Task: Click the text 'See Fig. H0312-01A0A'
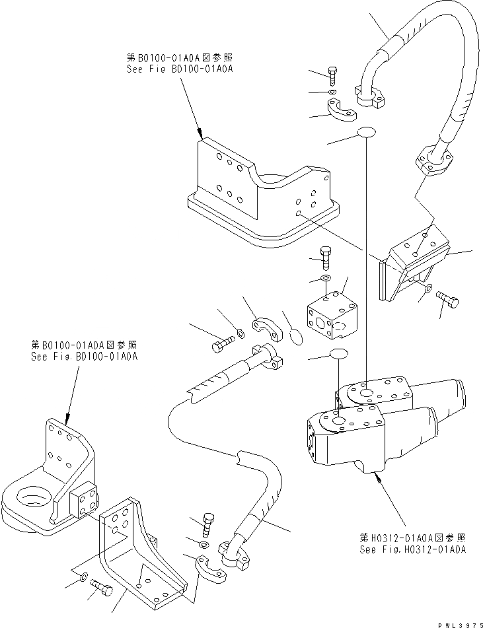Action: [x=412, y=549]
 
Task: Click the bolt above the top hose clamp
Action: [x=332, y=76]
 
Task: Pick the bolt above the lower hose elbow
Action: [x=207, y=522]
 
